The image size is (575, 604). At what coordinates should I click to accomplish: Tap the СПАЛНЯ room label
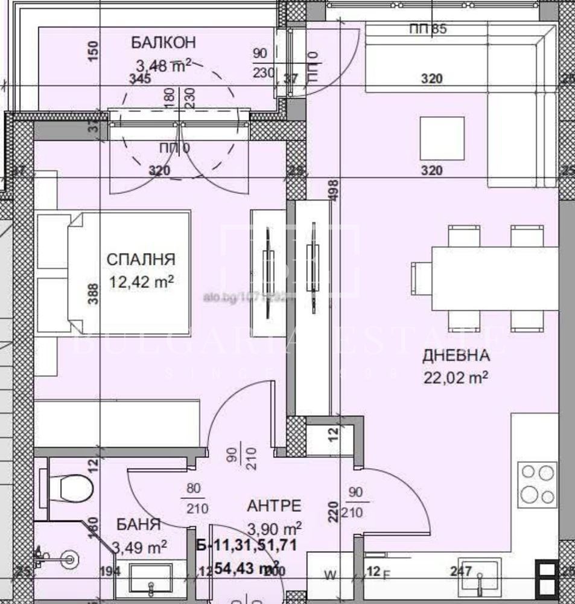[x=141, y=260]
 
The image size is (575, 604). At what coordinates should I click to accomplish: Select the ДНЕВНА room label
[x=456, y=356]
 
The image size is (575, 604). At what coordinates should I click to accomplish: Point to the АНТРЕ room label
[x=274, y=506]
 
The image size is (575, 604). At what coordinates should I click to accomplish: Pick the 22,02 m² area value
[x=456, y=377]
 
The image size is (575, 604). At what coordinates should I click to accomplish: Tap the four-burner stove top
[x=538, y=483]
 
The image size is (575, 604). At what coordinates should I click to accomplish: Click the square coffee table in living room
[x=442, y=138]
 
